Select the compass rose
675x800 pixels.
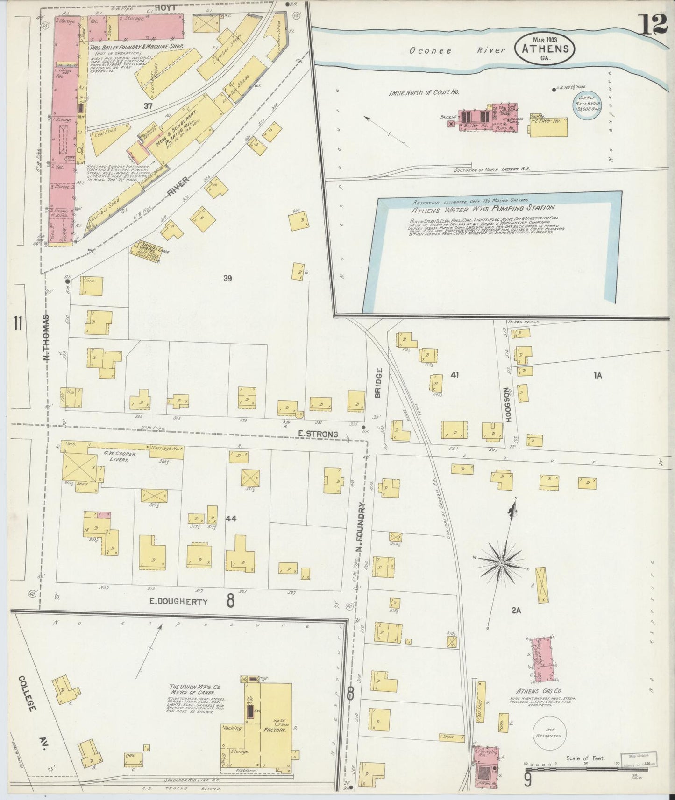coord(502,563)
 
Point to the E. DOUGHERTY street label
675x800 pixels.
coord(178,602)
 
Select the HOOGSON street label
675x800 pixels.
coord(508,405)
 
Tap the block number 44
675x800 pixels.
coord(230,519)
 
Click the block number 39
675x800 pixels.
coord(227,279)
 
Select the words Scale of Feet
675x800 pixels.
coord(584,758)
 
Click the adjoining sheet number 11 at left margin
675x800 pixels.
coord(18,323)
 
